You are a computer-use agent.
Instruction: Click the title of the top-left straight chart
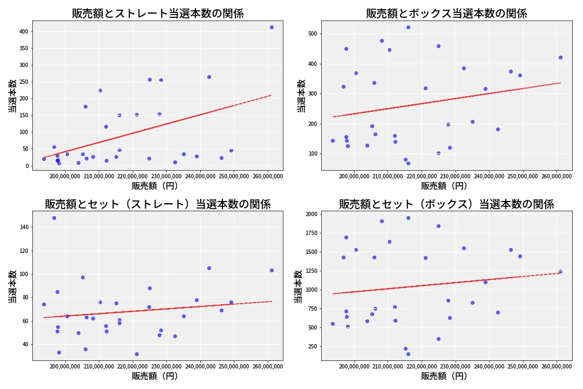point(158,14)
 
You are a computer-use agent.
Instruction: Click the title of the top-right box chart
point(446,14)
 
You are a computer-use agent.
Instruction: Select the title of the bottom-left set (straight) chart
point(158,204)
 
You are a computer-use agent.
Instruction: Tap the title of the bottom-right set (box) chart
point(446,204)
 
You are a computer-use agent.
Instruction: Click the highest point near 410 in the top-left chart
point(272,27)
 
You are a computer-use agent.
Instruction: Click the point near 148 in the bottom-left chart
point(54,218)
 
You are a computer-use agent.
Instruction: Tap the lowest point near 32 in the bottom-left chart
point(137,354)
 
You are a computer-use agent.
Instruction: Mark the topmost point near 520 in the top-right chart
point(408,27)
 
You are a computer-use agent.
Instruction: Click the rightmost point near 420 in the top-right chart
point(560,57)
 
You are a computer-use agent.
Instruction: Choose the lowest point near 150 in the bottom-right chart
point(408,354)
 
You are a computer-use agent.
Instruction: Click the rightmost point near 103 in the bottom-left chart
point(272,270)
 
